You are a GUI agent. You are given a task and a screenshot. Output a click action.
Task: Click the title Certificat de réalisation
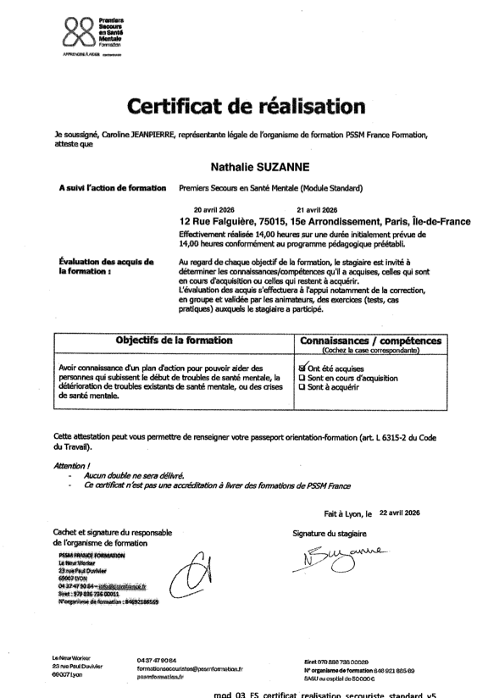point(244,108)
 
